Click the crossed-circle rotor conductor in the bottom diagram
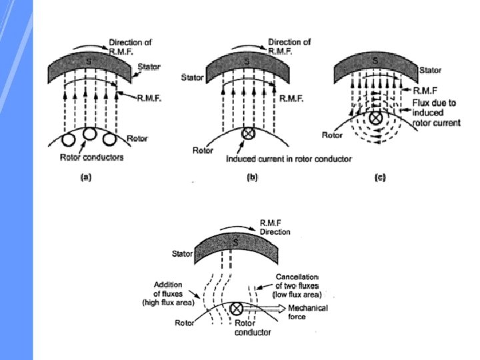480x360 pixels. (x=236, y=309)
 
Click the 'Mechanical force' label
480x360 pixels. (x=307, y=312)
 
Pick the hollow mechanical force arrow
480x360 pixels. (x=265, y=309)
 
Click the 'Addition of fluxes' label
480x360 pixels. (x=167, y=293)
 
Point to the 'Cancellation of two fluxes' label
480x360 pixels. (x=298, y=285)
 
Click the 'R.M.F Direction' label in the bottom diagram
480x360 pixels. (x=275, y=228)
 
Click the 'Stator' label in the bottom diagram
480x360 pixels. (x=183, y=254)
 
